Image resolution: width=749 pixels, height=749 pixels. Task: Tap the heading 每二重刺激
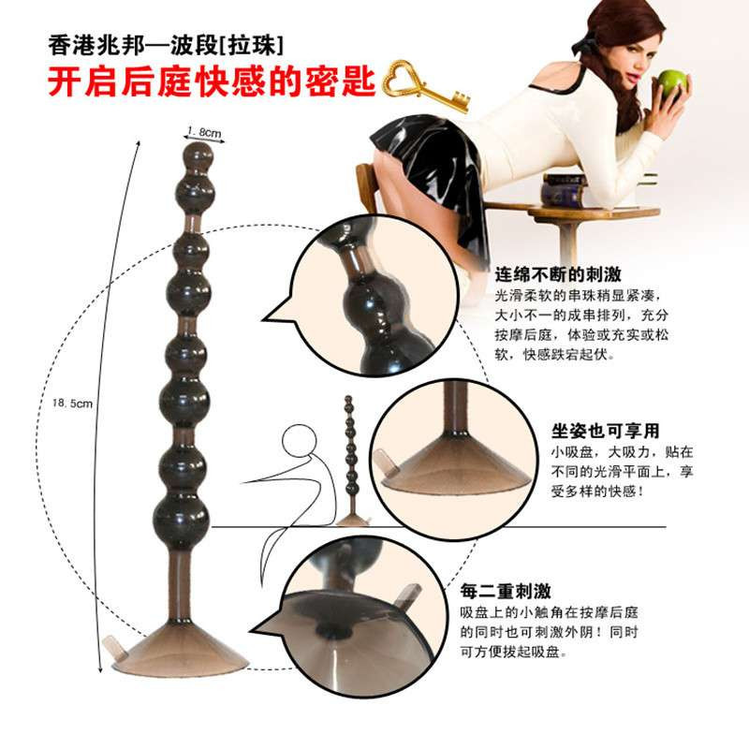pos(506,591)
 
